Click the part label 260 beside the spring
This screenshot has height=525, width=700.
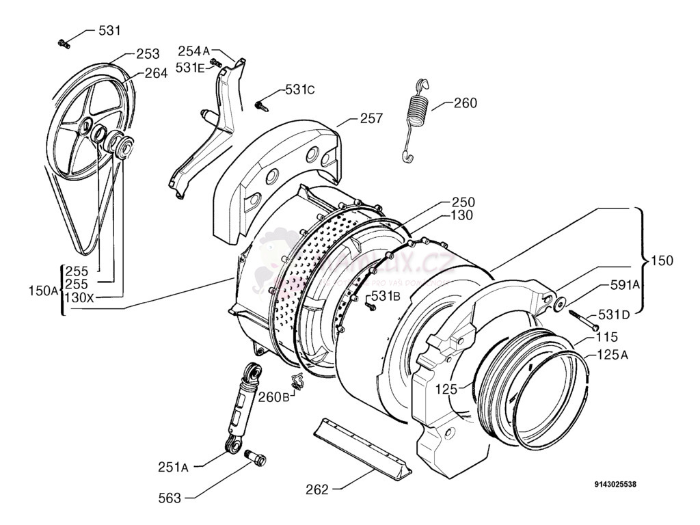pyautogui.click(x=465, y=103)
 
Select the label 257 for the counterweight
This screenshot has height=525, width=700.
pyautogui.click(x=371, y=119)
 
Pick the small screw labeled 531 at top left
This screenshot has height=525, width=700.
pyautogui.click(x=64, y=44)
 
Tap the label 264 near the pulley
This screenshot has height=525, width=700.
pyautogui.click(x=156, y=73)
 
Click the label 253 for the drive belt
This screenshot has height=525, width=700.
pyautogui.click(x=148, y=53)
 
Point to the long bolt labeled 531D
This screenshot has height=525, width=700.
pyautogui.click(x=580, y=321)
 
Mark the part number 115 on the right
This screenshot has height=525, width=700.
pyautogui.click(x=606, y=336)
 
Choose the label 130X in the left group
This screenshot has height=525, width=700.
pyautogui.click(x=80, y=298)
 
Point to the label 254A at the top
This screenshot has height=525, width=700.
pyautogui.click(x=194, y=51)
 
